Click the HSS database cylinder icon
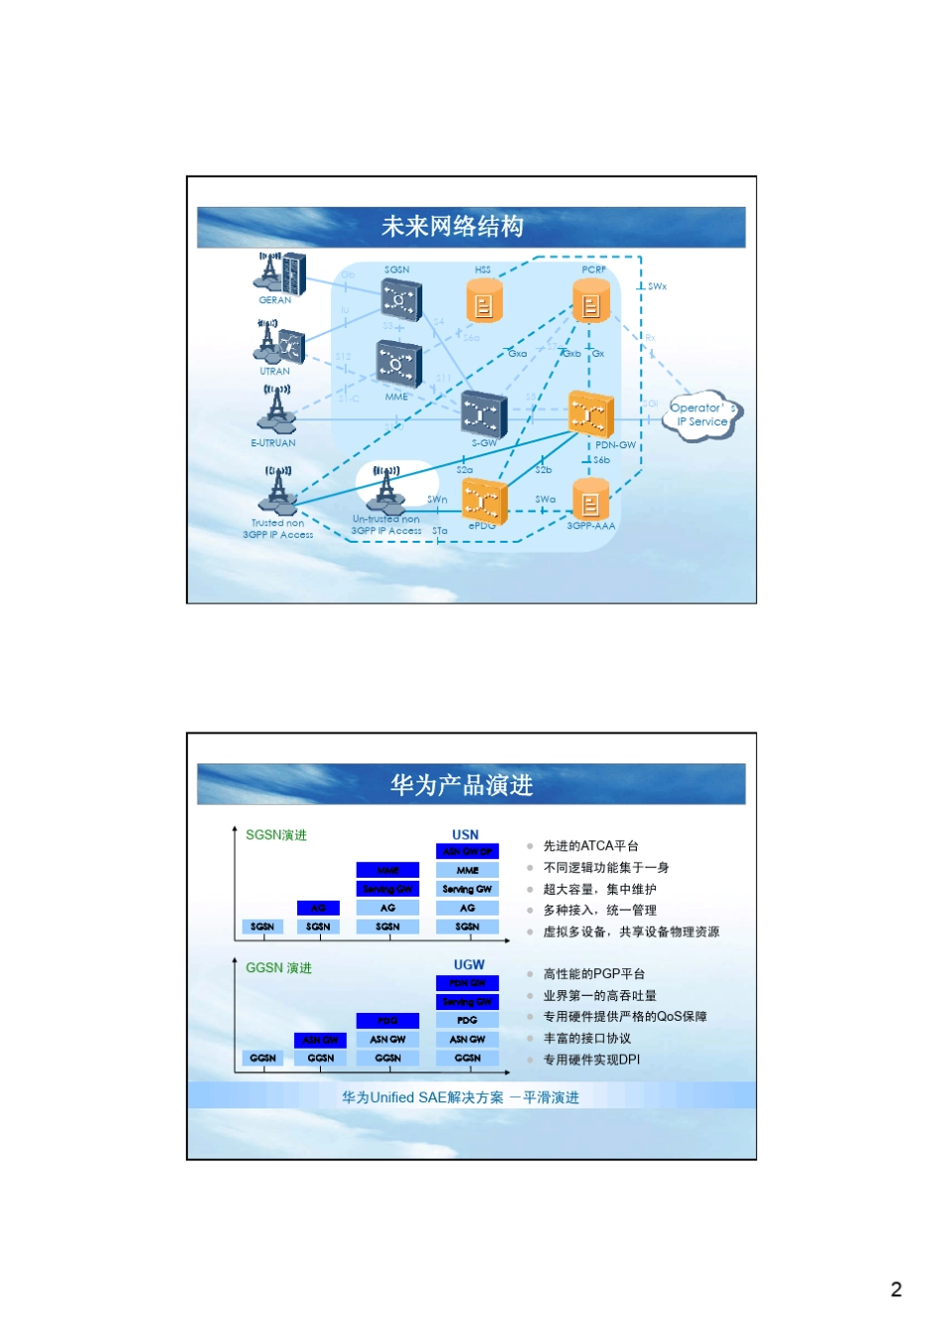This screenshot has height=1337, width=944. coord(484,301)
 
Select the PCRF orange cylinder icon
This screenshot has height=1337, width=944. coord(591,301)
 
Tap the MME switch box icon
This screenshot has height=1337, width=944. coord(397,364)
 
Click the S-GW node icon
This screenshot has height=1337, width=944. coord(484,414)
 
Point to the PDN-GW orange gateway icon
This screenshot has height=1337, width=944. coord(590,414)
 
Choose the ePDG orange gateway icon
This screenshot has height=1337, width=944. coord(484,500)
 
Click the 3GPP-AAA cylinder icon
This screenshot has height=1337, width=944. coord(590,498)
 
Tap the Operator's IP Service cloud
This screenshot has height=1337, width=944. coord(703,415)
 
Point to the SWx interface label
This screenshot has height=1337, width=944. coord(657,286)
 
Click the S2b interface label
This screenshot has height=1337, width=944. coord(544,469)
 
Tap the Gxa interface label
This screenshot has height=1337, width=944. coord(518,353)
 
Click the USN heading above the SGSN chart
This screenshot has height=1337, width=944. coord(465,835)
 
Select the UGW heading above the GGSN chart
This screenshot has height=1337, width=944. coord(469,964)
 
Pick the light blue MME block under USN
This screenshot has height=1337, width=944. coord(467,870)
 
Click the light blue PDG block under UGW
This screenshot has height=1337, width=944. coord(467,1020)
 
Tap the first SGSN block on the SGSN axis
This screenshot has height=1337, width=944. coord(262,926)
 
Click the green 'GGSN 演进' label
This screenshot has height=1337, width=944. coord(278,968)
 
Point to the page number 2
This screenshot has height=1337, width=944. coord(896,1289)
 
